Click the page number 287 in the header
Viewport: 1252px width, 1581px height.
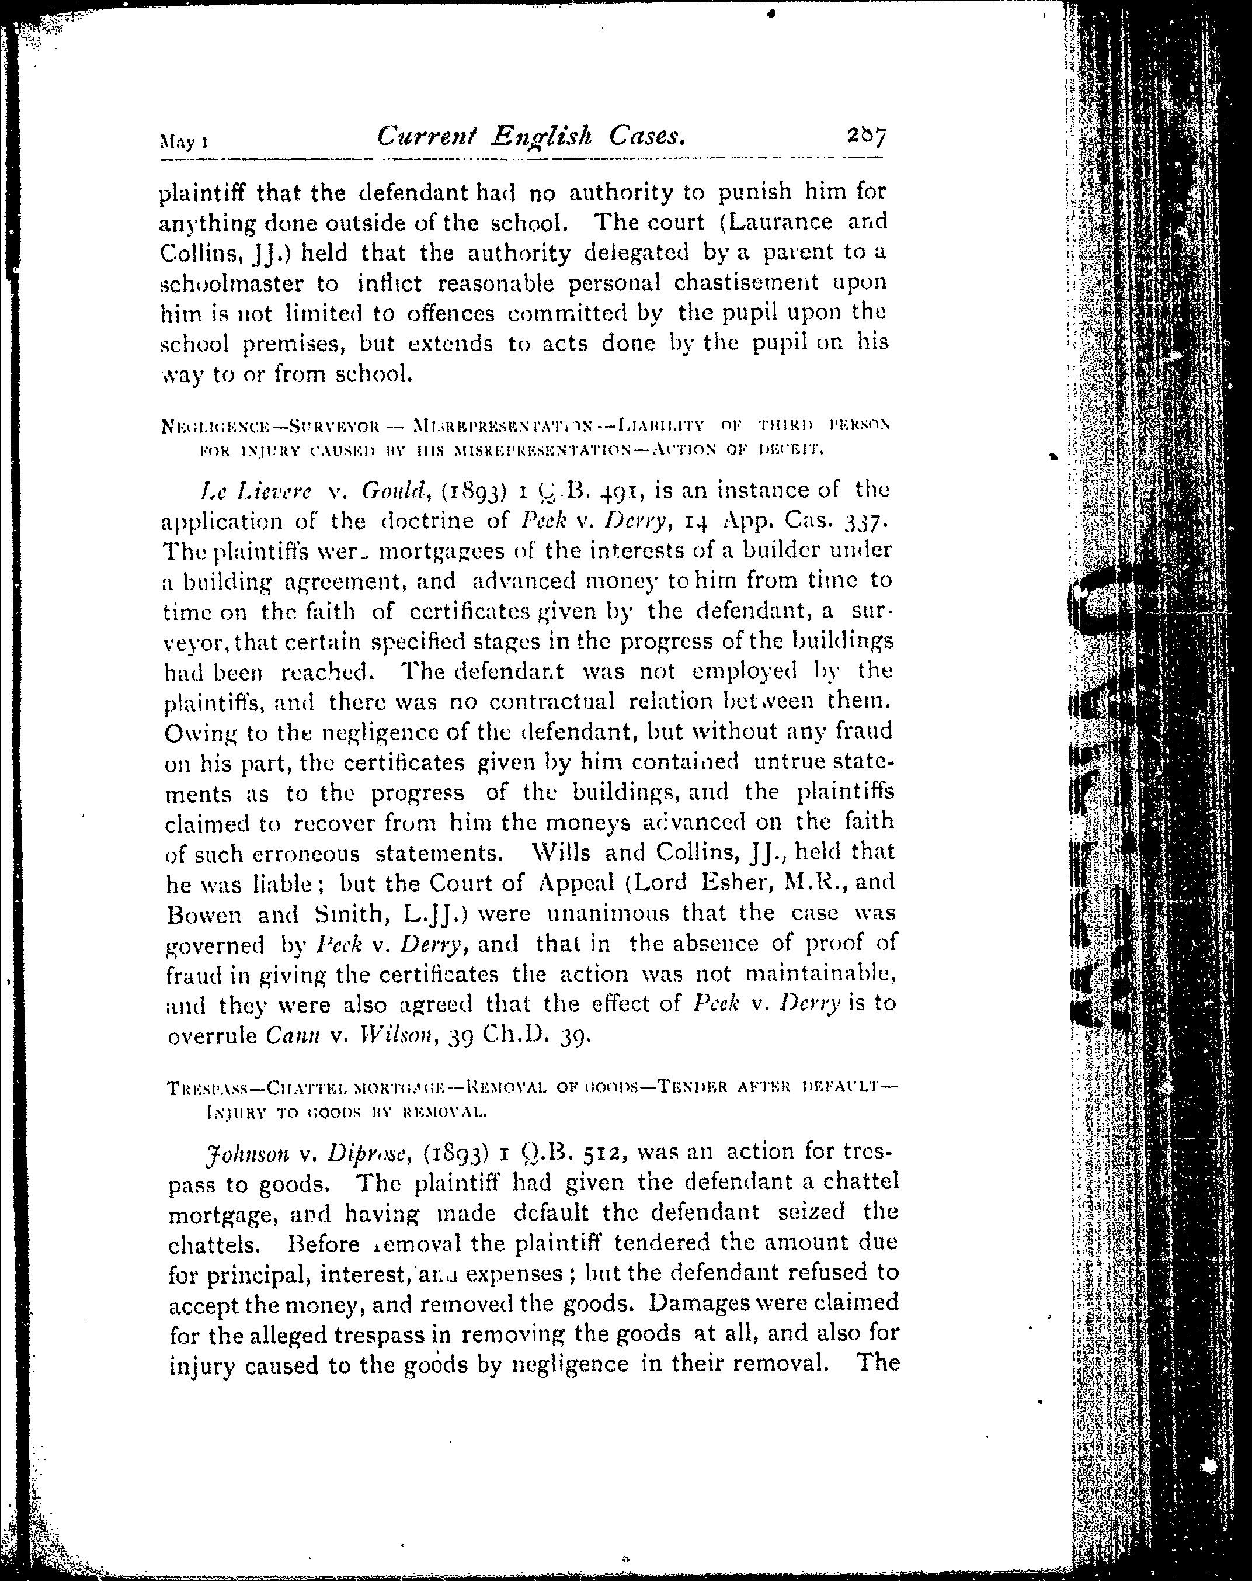[865, 136]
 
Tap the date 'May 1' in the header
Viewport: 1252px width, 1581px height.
[183, 141]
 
